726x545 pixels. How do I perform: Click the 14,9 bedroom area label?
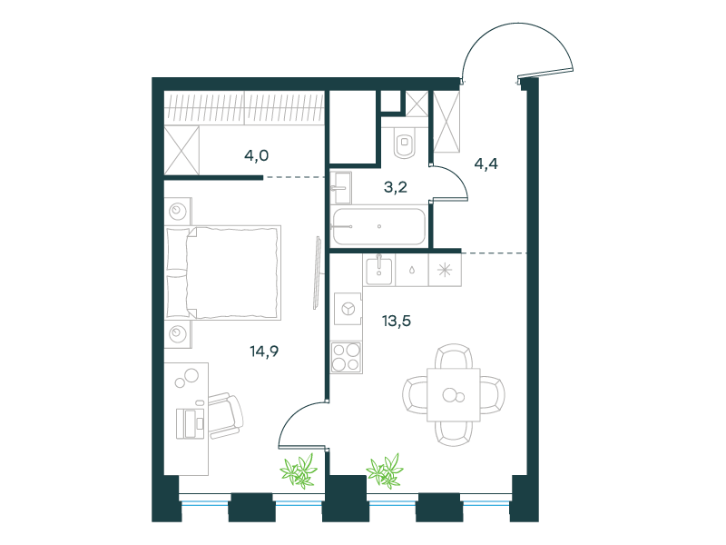(x=264, y=352)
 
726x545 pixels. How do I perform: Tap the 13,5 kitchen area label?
(x=397, y=321)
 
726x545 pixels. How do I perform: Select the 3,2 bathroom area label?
(x=396, y=187)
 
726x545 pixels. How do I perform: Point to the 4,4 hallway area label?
(x=486, y=163)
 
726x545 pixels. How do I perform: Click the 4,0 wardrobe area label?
(x=257, y=155)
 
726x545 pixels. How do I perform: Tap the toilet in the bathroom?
(x=405, y=142)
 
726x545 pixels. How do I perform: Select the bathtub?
(x=378, y=226)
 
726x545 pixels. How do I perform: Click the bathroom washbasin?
(x=341, y=188)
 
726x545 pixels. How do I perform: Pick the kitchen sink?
(x=379, y=270)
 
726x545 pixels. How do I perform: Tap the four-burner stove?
(x=347, y=357)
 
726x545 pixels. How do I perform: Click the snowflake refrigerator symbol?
(x=445, y=270)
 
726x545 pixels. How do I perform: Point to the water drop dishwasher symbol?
(x=412, y=270)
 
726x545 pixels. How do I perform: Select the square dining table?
(x=454, y=395)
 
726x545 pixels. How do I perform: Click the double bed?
(x=223, y=272)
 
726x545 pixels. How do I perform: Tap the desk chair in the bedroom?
(x=225, y=415)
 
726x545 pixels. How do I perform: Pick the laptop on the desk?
(x=191, y=423)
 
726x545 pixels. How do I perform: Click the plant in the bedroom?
(x=299, y=471)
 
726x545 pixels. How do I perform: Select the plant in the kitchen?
(x=385, y=471)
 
